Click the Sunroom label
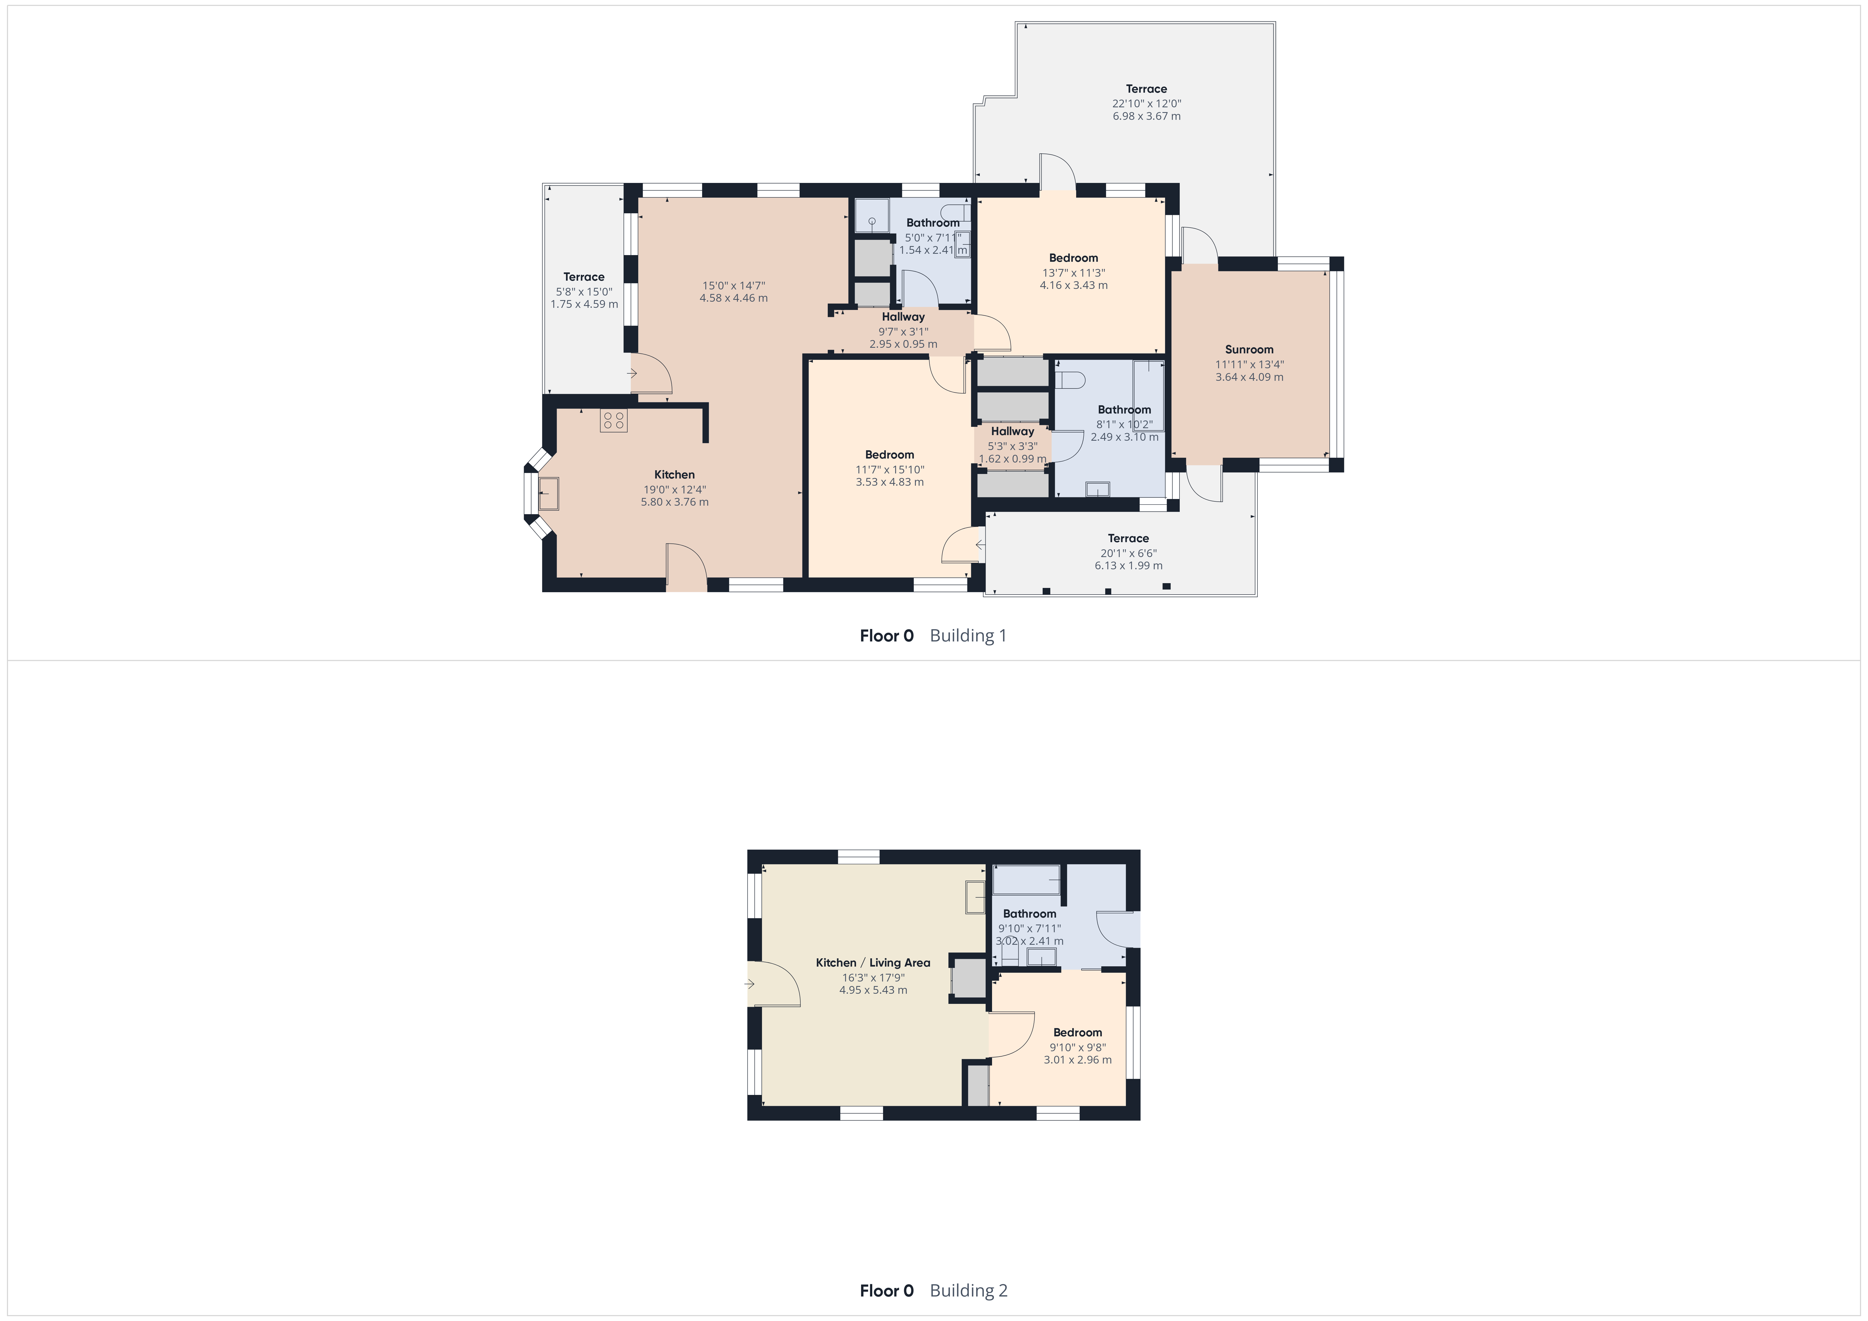(x=1249, y=349)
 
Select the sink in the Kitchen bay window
(x=548, y=493)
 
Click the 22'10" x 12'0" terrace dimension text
(x=1146, y=103)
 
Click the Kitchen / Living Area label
(x=873, y=962)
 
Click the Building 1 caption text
(x=968, y=636)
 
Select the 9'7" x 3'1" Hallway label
(x=903, y=317)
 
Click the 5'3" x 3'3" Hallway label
(x=1012, y=431)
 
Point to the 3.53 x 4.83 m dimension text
(x=889, y=482)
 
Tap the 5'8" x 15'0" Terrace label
(x=584, y=277)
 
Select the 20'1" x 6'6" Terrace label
(x=1128, y=538)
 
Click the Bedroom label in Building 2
(x=1077, y=1032)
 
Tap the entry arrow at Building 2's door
(x=749, y=984)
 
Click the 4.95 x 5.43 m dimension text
(x=873, y=990)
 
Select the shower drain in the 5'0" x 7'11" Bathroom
(x=871, y=220)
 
